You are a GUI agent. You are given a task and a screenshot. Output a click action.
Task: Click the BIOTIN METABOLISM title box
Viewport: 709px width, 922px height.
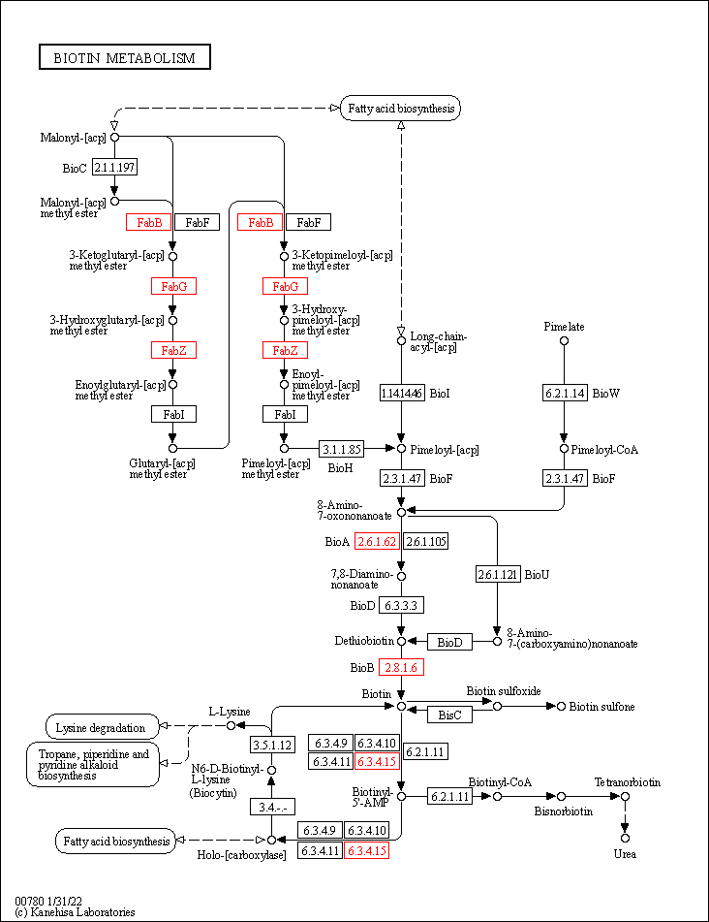pyautogui.click(x=124, y=58)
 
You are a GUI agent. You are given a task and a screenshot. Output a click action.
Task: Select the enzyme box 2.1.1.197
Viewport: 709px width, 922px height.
pyautogui.click(x=114, y=168)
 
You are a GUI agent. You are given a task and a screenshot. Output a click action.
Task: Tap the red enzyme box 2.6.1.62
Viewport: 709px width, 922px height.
pyautogui.click(x=377, y=541)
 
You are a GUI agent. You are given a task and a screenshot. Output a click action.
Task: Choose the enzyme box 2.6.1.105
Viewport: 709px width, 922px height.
pyautogui.click(x=425, y=541)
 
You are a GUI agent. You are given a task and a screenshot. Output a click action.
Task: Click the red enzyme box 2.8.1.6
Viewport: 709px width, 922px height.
pyautogui.click(x=401, y=668)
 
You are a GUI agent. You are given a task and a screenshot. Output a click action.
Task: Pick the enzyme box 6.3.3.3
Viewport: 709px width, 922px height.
pyautogui.click(x=401, y=605)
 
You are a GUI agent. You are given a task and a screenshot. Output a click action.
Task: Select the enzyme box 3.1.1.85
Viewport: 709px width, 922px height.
pyautogui.click(x=342, y=449)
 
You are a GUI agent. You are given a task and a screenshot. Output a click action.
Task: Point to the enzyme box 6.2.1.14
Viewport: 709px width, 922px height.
pyautogui.click(x=564, y=393)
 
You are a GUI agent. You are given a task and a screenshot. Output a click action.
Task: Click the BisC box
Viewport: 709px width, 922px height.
pyautogui.click(x=449, y=715)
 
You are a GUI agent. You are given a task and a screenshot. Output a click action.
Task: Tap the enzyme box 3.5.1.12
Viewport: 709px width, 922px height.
pyautogui.click(x=272, y=745)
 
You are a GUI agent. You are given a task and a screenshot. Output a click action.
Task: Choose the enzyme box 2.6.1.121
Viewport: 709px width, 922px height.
pyautogui.click(x=497, y=574)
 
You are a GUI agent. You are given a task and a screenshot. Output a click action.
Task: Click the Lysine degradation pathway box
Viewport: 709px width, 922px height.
pyautogui.click(x=101, y=726)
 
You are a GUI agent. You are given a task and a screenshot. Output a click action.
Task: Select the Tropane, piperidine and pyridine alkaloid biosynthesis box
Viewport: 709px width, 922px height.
pyautogui.click(x=93, y=764)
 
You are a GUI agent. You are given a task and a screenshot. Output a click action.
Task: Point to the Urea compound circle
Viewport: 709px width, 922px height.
pyautogui.click(x=625, y=838)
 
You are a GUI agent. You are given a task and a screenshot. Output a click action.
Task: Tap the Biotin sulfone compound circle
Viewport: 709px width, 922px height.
pyautogui.click(x=561, y=706)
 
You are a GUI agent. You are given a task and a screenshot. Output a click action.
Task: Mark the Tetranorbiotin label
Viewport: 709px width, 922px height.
pyautogui.click(x=627, y=781)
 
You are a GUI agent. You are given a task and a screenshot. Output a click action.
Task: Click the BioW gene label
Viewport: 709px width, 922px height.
pyautogui.click(x=605, y=393)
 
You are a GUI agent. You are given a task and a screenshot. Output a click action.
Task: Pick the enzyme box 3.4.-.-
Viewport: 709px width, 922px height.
pyautogui.click(x=272, y=807)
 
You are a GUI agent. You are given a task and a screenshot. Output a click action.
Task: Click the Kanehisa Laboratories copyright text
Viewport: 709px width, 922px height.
pyautogui.click(x=75, y=912)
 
